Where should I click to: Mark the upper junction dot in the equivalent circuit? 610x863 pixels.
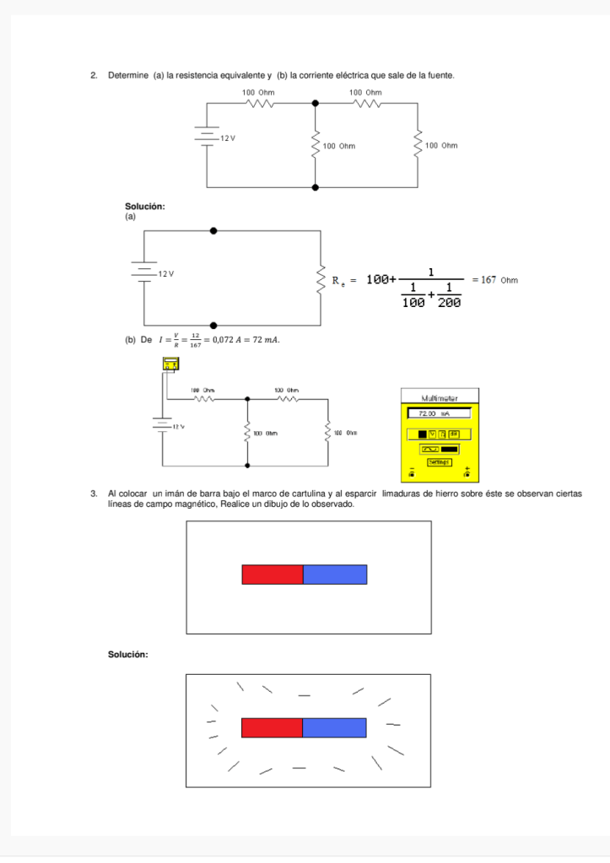click(x=213, y=229)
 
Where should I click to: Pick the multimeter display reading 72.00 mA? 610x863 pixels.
click(x=438, y=414)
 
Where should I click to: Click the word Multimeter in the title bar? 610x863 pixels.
click(x=438, y=397)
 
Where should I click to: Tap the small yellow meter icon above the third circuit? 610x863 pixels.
click(x=170, y=363)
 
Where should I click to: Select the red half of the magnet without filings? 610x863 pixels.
click(x=273, y=574)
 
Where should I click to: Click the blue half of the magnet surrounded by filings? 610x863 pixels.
click(x=334, y=727)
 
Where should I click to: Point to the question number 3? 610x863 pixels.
click(x=93, y=492)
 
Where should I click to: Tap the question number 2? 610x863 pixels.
click(x=93, y=76)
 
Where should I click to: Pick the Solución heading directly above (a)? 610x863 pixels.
click(x=144, y=207)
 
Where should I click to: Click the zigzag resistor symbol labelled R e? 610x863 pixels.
click(x=320, y=279)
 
